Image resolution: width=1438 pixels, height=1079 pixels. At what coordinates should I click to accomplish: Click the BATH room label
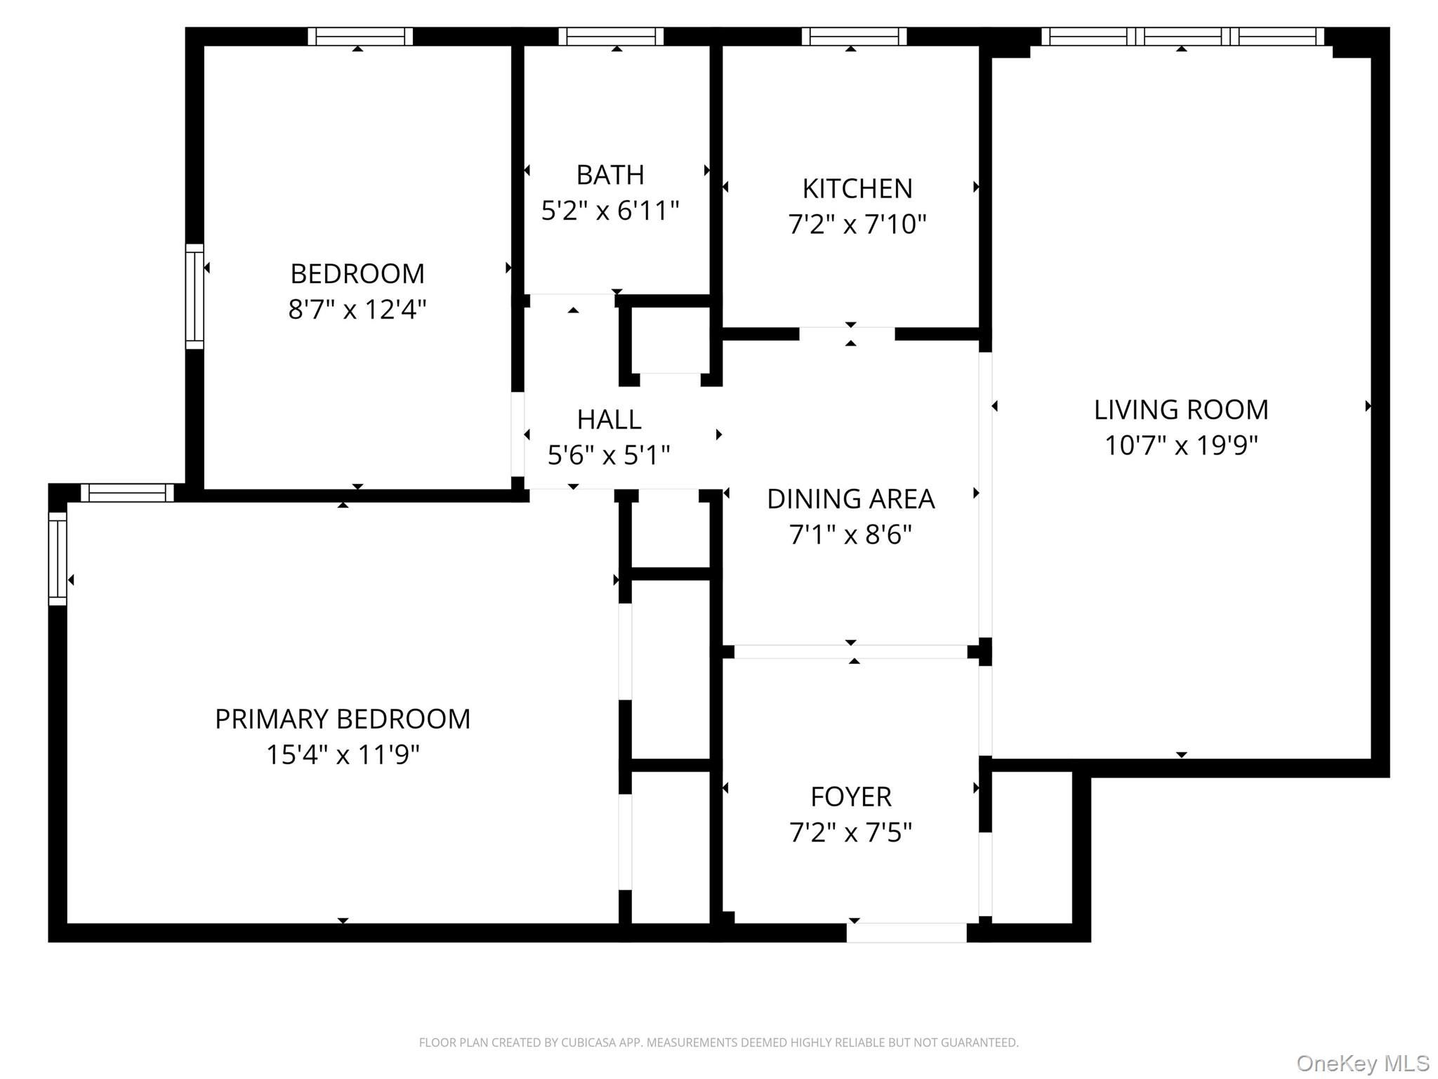[x=609, y=175]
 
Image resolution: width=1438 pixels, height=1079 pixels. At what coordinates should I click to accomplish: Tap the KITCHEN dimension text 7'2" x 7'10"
[x=857, y=224]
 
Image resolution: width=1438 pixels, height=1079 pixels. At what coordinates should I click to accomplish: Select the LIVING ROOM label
[x=1181, y=410]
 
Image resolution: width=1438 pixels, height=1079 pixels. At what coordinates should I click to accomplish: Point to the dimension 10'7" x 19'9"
[x=1181, y=445]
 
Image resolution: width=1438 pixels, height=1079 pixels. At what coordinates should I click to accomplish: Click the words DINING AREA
[x=850, y=499]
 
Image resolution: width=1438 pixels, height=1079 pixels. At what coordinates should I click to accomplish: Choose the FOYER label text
[x=850, y=797]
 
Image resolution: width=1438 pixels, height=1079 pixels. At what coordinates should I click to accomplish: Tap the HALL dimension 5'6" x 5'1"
[x=609, y=455]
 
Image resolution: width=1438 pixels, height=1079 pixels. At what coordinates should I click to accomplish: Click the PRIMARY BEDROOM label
[x=343, y=719]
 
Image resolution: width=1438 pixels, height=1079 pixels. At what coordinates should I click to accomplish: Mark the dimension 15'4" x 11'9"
[x=343, y=755]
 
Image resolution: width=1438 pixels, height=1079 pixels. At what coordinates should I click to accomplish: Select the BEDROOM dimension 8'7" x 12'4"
[x=357, y=309]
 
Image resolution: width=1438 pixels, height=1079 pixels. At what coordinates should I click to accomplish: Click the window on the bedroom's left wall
[x=194, y=296]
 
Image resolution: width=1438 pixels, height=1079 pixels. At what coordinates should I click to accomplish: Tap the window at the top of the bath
[x=611, y=37]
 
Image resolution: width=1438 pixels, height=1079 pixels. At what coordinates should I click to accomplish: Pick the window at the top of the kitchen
[x=854, y=37]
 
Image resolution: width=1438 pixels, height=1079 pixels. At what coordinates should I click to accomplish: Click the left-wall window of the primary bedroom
[x=58, y=558]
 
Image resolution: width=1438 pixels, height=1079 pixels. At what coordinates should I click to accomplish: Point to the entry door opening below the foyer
[x=906, y=932]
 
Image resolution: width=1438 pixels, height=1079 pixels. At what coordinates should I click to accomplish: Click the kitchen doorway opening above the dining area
[x=847, y=334]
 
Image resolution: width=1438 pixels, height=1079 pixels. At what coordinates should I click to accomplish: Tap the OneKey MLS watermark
[x=1362, y=1063]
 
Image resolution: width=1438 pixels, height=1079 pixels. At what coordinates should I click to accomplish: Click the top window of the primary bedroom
[x=127, y=493]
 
